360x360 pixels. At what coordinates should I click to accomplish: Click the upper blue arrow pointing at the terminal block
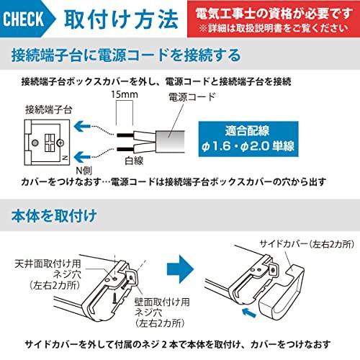(84, 123)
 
